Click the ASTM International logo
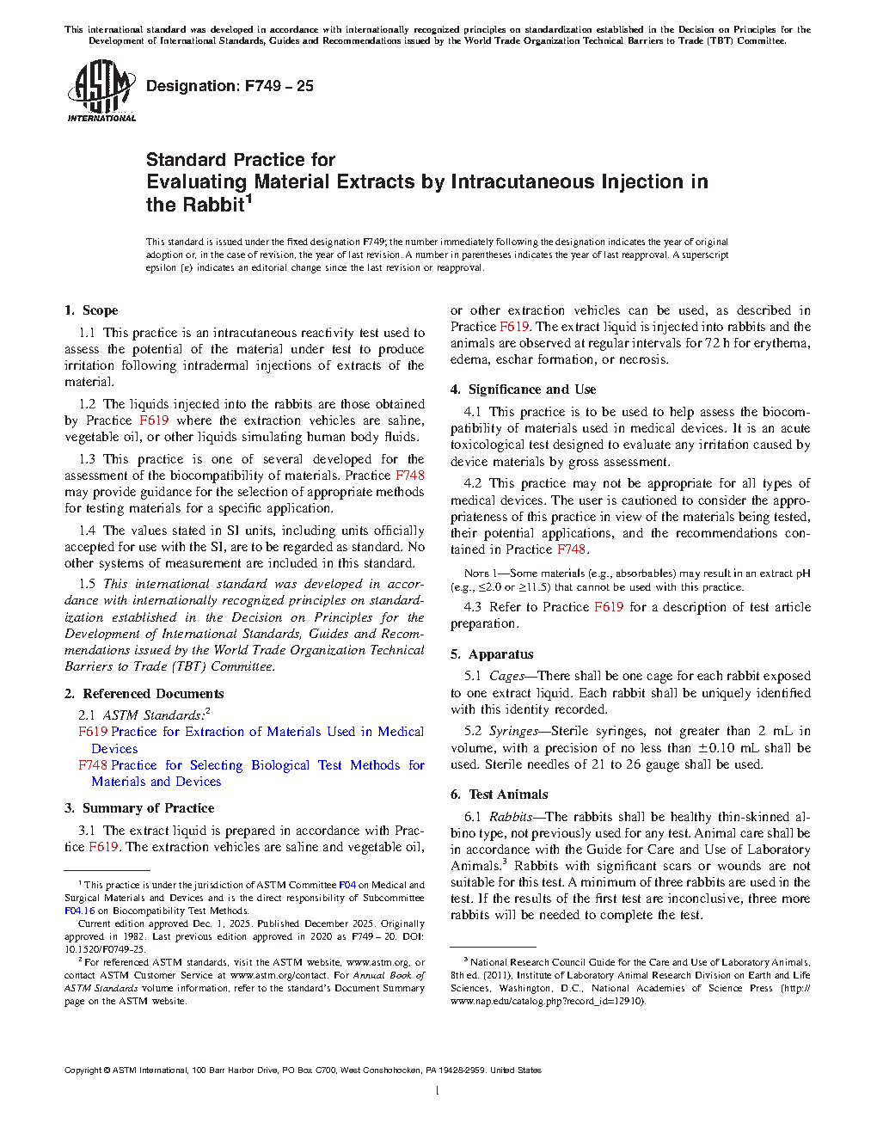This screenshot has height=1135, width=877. point(101,90)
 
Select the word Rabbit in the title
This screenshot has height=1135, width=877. point(195,205)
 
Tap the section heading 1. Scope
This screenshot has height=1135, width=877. point(91,310)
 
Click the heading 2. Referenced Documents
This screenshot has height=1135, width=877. point(144,694)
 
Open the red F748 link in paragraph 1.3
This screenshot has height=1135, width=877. point(409,475)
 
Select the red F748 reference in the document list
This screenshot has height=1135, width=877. point(93,765)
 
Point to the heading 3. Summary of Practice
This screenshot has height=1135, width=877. point(139,808)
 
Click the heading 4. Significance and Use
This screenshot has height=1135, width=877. point(523,390)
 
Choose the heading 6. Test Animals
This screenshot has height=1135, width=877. point(499,794)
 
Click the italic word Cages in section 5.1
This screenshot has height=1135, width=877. point(506,677)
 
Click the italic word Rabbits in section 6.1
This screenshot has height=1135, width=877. point(510,817)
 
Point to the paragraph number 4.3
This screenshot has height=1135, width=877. point(472,607)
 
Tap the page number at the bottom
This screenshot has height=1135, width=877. point(438,1091)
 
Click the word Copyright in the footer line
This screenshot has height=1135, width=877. point(83,1071)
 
